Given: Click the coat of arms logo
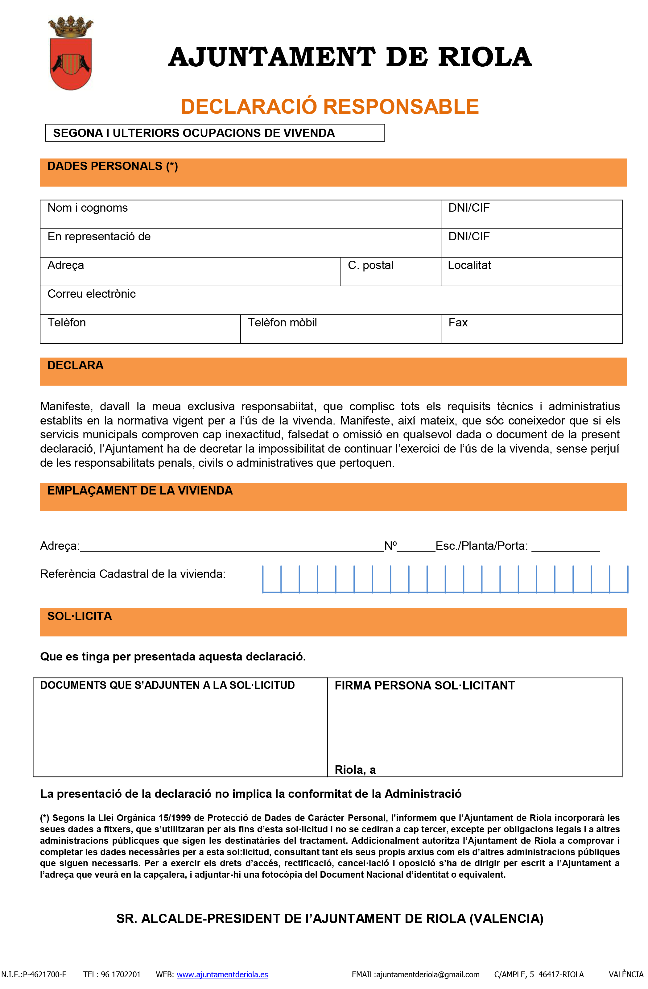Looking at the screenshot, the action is (x=71, y=53).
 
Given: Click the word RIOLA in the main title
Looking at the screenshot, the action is (x=485, y=57).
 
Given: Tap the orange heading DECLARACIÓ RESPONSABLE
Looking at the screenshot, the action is (x=330, y=106).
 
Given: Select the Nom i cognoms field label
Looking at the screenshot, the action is (x=88, y=208).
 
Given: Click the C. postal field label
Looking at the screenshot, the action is (x=370, y=265).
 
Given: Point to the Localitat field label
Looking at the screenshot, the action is (x=469, y=265).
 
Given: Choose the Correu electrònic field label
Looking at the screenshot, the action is (x=92, y=294).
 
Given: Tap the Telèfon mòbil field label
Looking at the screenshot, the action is (x=283, y=322).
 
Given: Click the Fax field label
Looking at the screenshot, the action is (x=458, y=322).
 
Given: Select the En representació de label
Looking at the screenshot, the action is (x=99, y=236).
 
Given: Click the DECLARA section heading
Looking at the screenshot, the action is (x=76, y=365).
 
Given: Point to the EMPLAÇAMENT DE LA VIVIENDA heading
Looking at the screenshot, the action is (x=140, y=491).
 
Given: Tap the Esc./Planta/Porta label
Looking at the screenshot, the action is (x=482, y=546).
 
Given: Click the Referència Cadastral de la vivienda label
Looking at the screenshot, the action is (x=133, y=574).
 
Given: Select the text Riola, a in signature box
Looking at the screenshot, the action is (x=355, y=770).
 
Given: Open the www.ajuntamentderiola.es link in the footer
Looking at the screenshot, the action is (x=222, y=975).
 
